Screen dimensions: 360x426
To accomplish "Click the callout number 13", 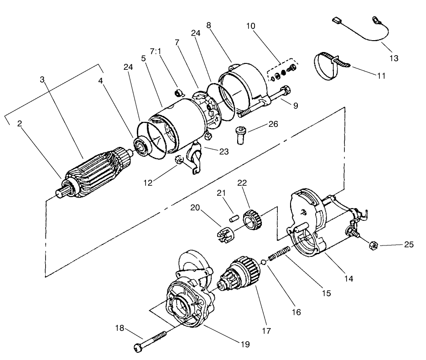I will [x=394, y=58].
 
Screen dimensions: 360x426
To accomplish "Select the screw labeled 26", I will [x=240, y=135].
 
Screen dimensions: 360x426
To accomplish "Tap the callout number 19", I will [x=246, y=344].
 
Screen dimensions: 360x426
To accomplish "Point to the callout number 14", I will [x=348, y=277].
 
